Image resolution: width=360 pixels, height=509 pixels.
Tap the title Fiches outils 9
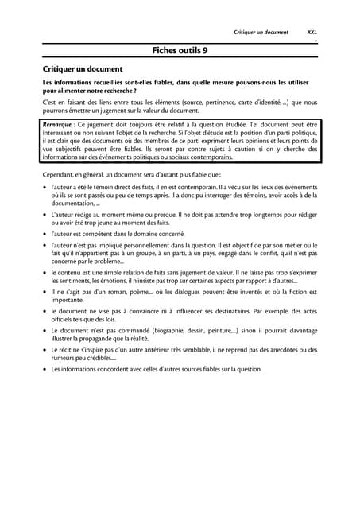180,50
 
